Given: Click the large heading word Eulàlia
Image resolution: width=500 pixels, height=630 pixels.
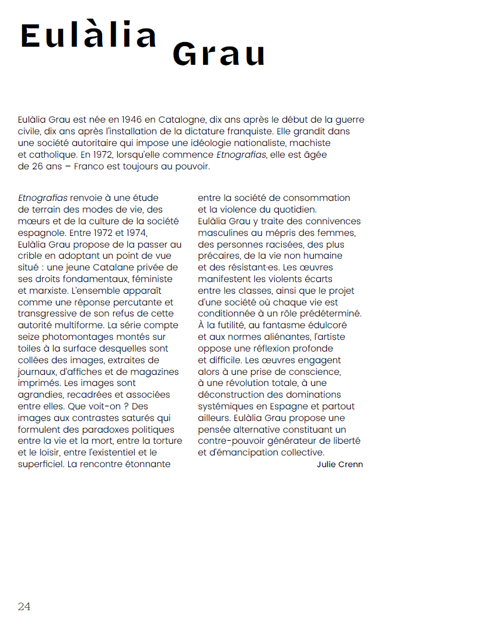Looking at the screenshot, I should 89,36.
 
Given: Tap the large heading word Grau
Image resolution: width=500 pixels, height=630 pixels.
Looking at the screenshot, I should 219,55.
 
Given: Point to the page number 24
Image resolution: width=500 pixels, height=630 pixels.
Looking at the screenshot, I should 24,607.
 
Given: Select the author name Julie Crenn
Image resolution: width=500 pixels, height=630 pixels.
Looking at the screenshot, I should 340,464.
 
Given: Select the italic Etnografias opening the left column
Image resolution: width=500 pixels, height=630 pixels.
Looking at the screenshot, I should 43,198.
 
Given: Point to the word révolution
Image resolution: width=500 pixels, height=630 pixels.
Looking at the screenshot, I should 253,383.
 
